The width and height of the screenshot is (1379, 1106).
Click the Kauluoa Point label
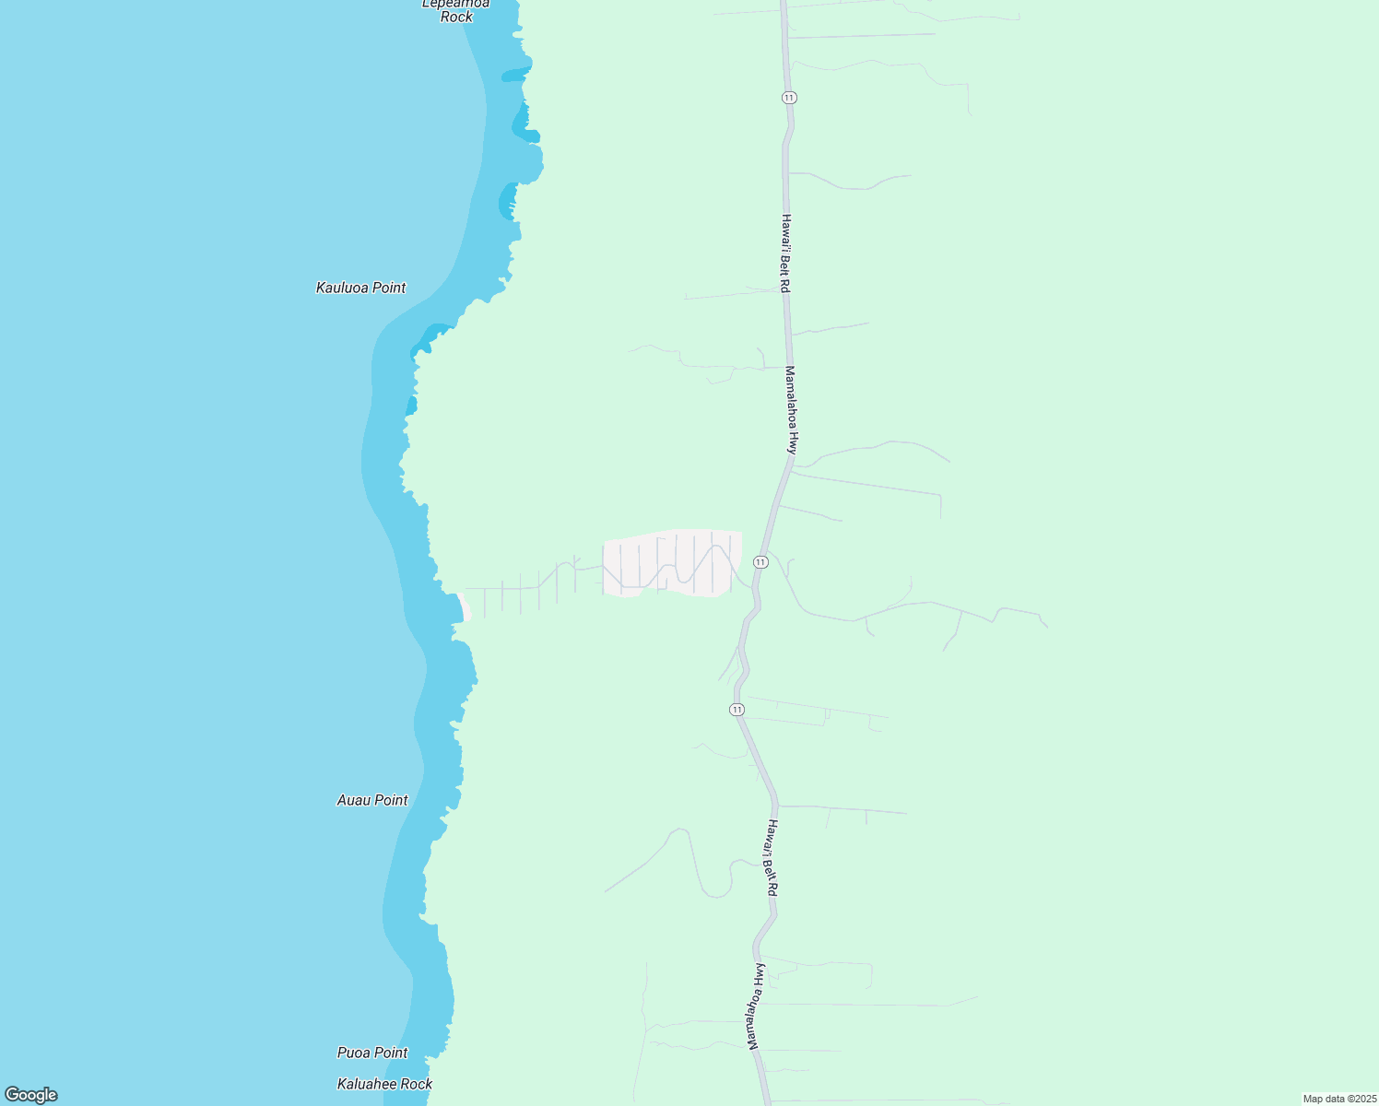coord(360,288)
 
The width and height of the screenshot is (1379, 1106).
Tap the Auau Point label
coord(372,800)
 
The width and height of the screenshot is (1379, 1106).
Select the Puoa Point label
coord(372,1053)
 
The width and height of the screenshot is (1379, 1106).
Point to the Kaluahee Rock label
coord(384,1084)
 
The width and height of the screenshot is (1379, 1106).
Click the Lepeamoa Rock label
coord(456,9)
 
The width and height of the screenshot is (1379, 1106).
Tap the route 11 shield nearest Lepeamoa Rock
coord(788,98)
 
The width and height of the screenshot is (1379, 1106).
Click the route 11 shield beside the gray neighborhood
coord(760,561)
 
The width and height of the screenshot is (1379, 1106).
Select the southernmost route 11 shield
coord(737,709)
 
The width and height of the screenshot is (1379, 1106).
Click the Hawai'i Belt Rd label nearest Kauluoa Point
coord(785,253)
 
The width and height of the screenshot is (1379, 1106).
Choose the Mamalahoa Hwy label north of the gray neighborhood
coord(790,409)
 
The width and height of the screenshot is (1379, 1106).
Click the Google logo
coord(30,1095)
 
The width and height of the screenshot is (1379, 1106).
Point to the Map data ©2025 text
coord(1339,1099)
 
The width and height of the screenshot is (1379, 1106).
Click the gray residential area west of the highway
coord(673,562)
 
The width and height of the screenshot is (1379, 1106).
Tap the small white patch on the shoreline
coord(466,611)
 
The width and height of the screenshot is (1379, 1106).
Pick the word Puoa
coord(354,1053)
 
